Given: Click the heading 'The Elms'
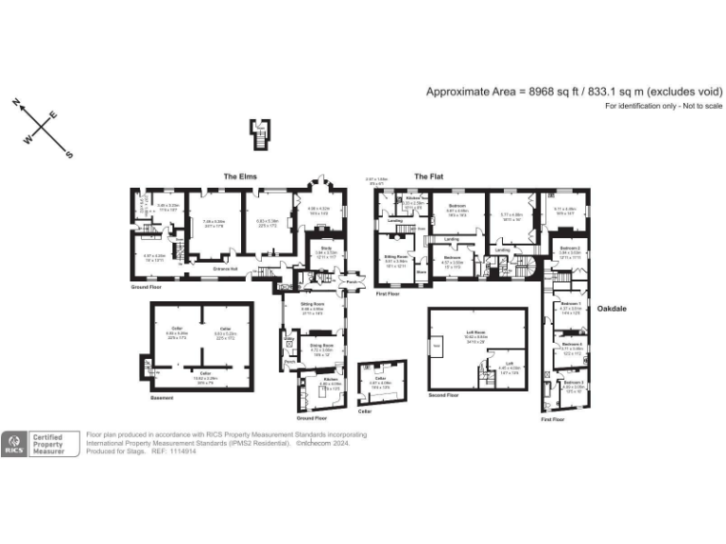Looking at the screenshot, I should (x=239, y=177).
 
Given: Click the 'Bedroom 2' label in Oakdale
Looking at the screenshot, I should (x=568, y=249).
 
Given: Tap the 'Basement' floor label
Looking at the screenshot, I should (x=162, y=398).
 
